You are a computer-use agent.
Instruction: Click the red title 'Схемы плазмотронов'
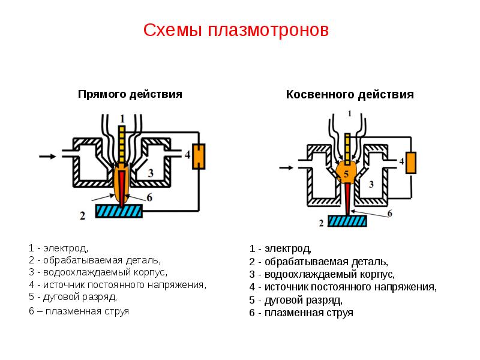coord(236,31)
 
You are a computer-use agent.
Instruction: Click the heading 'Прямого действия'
coord(130,94)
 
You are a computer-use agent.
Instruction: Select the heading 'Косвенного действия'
coord(350,95)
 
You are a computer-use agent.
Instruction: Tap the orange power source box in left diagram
coord(199,157)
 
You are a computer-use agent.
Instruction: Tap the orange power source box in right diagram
coord(411,162)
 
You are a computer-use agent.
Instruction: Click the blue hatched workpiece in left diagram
coord(119,211)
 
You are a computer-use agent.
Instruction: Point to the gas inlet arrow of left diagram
coord(47,156)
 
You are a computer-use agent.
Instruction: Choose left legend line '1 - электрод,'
coord(58,248)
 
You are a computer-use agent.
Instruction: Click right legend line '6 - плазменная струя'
coord(301,313)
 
